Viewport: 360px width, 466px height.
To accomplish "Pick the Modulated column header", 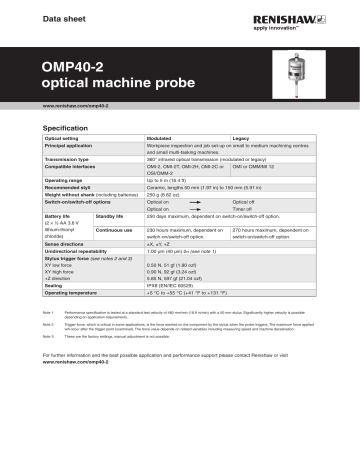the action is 160,138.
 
